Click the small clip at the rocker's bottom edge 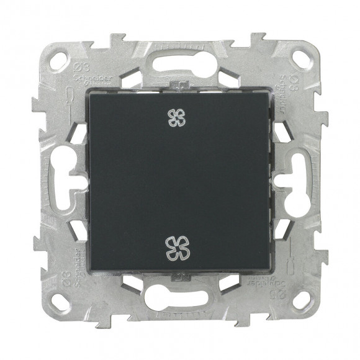pos(180,277)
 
